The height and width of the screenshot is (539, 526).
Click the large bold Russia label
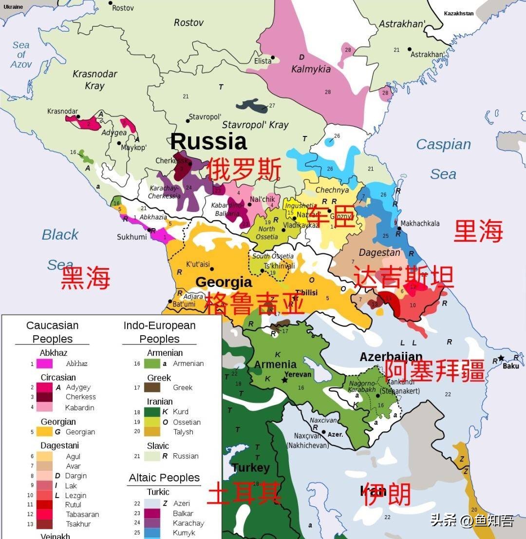tap(208, 142)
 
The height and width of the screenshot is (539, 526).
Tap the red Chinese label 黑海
tap(85, 278)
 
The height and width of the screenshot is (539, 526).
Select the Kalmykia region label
tap(311, 69)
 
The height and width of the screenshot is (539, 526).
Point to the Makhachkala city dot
tap(399, 228)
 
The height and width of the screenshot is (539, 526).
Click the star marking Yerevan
tap(284, 380)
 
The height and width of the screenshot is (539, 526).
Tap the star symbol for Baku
tap(501, 358)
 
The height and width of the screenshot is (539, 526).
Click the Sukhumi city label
tap(131, 237)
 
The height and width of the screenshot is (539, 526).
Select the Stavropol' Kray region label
tap(255, 125)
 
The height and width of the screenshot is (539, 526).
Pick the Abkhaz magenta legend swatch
tap(44, 364)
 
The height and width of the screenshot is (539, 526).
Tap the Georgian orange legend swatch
tap(44, 432)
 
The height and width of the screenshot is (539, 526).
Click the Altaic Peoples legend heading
tap(164, 478)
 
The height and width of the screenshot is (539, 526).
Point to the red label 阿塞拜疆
tap(434, 371)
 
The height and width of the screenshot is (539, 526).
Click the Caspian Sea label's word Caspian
tap(443, 145)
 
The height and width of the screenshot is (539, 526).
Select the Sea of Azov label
tap(21, 55)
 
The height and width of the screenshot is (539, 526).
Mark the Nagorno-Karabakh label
tap(361, 387)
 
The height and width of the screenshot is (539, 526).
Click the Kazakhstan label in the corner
tap(458, 14)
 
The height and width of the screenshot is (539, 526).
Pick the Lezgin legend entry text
tap(76, 496)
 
